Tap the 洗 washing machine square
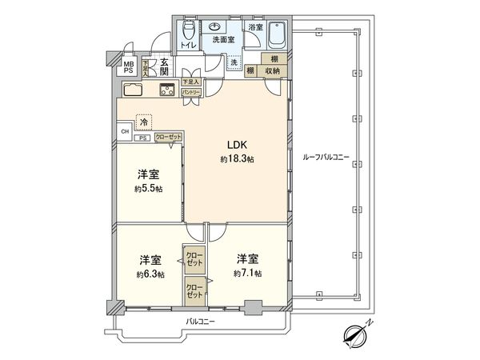[234, 62]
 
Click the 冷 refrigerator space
[144, 122]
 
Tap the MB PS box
[127, 66]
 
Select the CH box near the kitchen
[124, 131]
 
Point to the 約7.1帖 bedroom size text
[246, 274]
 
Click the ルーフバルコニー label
[326, 158]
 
